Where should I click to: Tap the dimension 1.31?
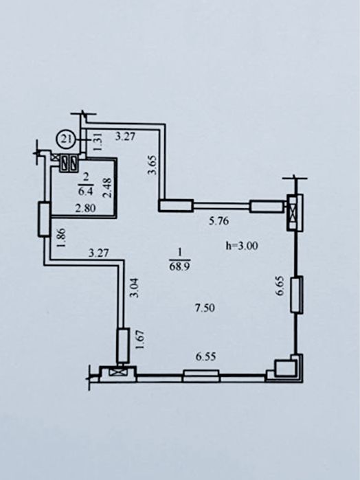pos(97,144)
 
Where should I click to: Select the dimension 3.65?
pos(152,165)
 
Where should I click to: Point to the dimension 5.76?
pos(218,220)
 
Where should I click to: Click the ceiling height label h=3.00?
pos(242,246)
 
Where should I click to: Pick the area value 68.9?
pos(179,266)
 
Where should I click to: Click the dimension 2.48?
pos(109,187)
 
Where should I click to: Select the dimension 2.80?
pos(86,208)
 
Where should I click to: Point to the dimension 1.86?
pos(60,238)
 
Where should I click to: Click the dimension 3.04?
pos(134,288)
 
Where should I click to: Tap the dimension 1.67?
pos(139,339)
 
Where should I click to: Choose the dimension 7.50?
pos(205,308)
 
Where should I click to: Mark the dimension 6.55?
pos(206,356)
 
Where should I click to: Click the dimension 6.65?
pos(280,286)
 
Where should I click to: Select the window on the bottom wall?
pos(201,376)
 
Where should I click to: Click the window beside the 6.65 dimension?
pos(297,295)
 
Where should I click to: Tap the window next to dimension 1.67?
pos(123,345)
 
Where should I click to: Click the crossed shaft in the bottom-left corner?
pos(117,373)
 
